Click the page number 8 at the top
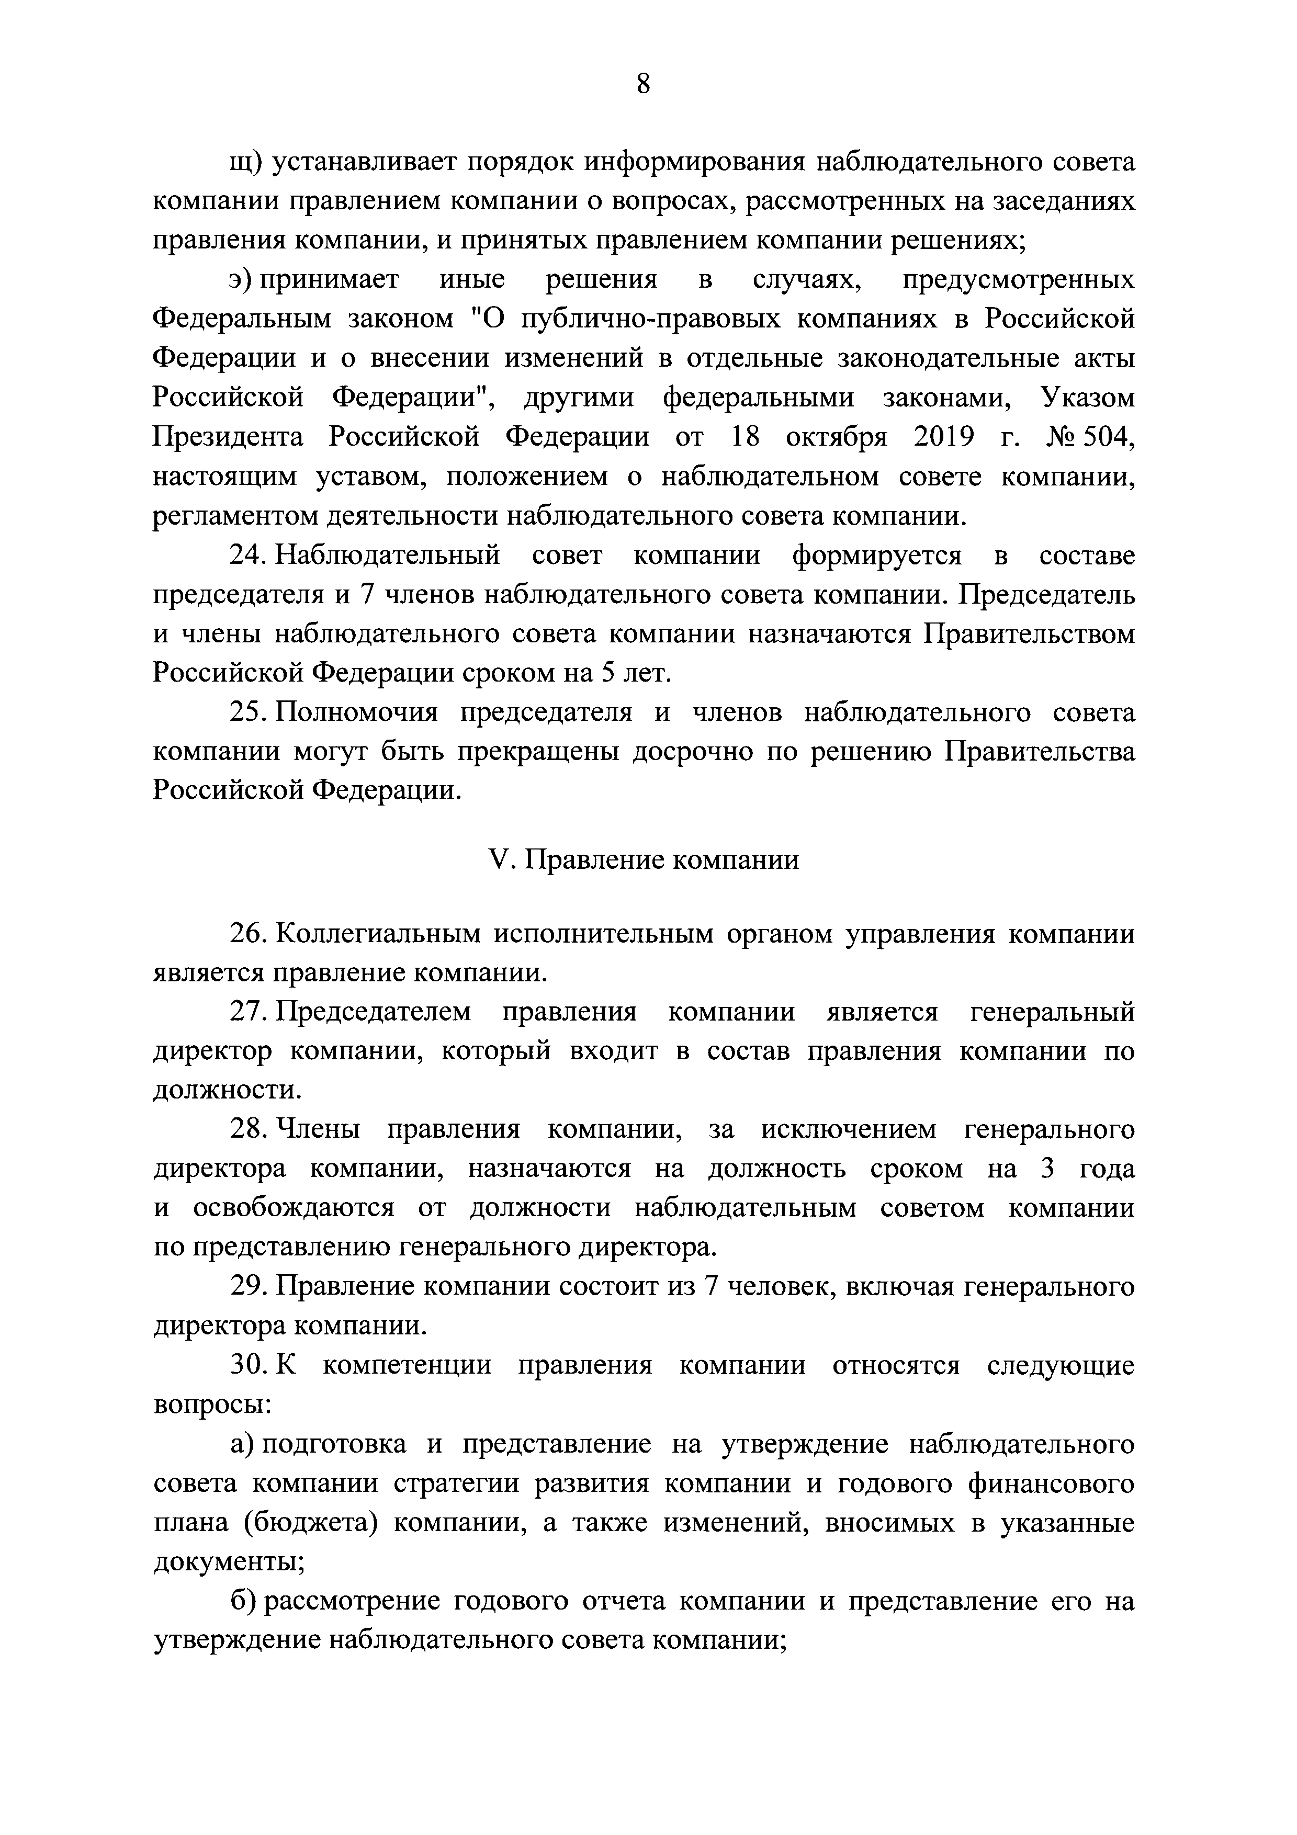[x=644, y=84]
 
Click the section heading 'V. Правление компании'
[x=644, y=860]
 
